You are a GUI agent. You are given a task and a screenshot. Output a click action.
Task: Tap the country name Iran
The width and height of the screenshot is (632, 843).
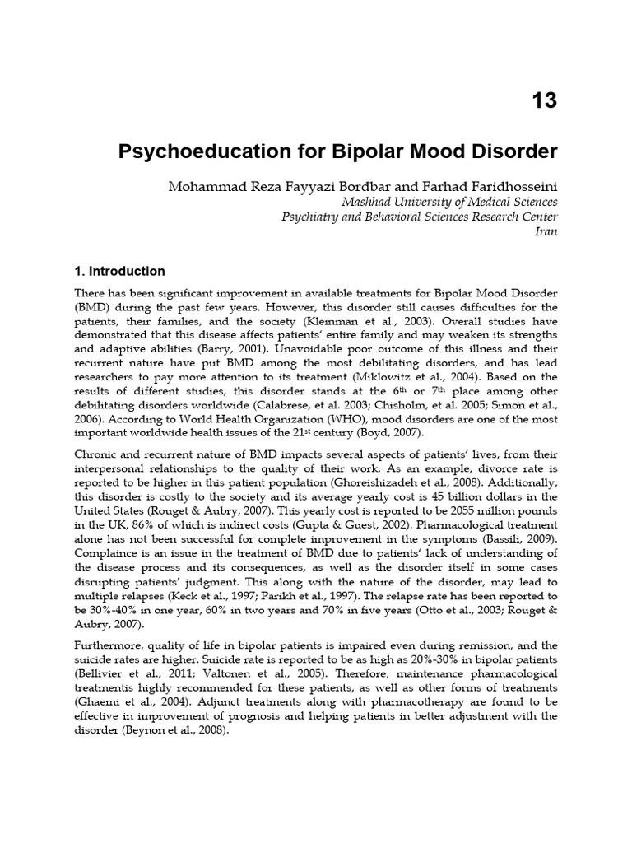point(546,232)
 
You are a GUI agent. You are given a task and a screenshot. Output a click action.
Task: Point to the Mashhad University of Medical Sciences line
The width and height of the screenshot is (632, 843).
point(449,202)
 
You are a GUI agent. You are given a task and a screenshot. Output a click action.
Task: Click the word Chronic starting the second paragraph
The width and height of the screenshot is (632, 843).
point(95,457)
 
